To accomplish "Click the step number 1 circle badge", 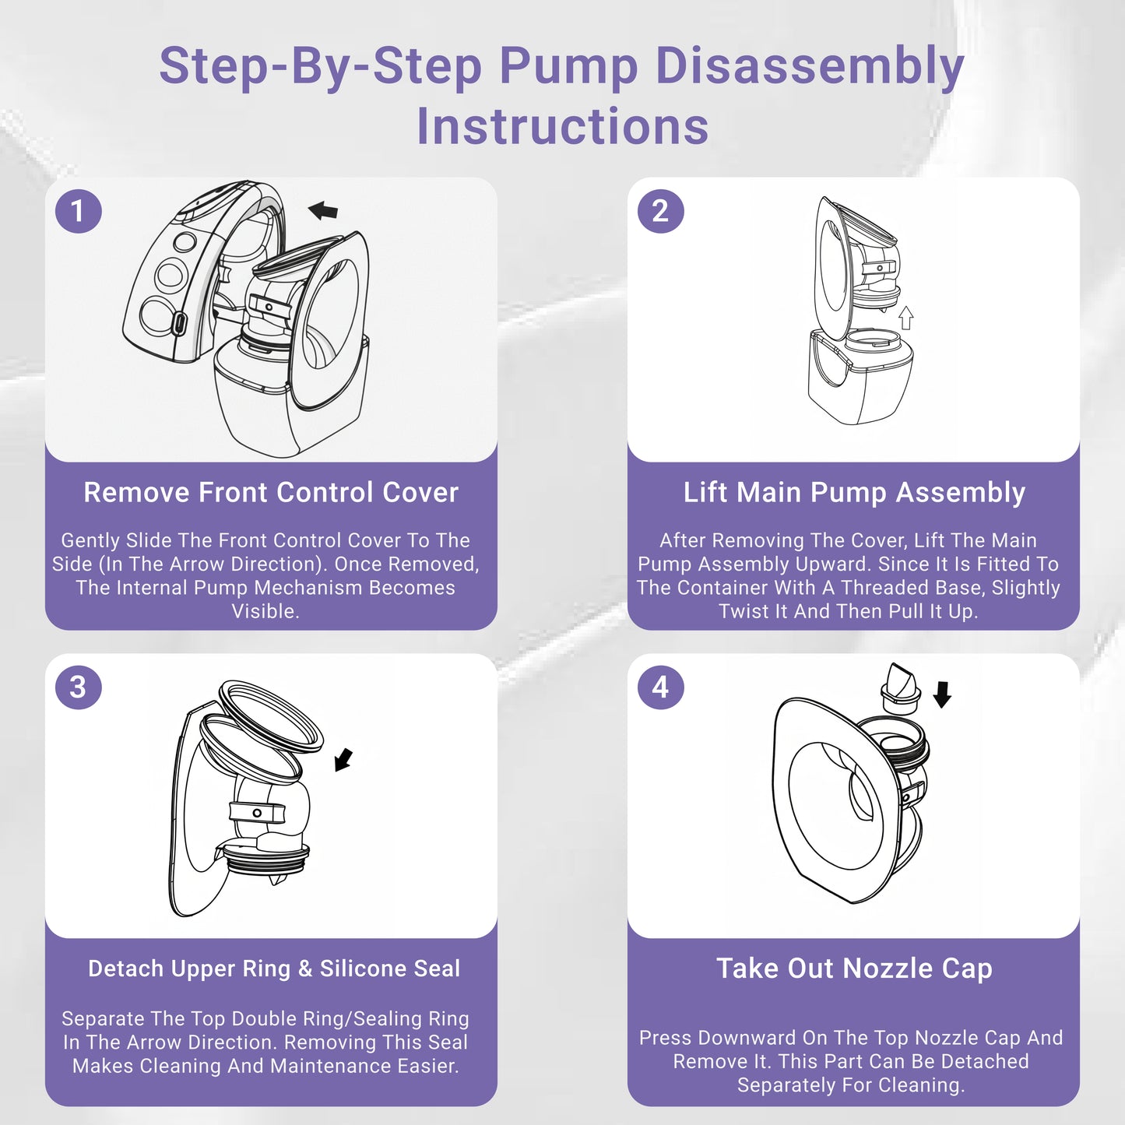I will (79, 211).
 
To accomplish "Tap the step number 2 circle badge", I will (660, 211).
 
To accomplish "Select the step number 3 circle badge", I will (79, 687).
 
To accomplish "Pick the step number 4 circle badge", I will (660, 687).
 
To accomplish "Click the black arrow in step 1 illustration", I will (323, 210).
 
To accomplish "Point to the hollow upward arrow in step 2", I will (905, 318).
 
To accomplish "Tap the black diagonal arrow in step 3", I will (343, 760).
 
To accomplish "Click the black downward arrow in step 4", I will (942, 694).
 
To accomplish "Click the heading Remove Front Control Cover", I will (271, 493).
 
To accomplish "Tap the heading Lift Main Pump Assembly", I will (854, 493).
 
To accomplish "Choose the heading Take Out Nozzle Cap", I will (854, 969).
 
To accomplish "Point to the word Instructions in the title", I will (562, 126).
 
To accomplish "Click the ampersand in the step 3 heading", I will (305, 969).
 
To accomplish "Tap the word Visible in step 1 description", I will (265, 611).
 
